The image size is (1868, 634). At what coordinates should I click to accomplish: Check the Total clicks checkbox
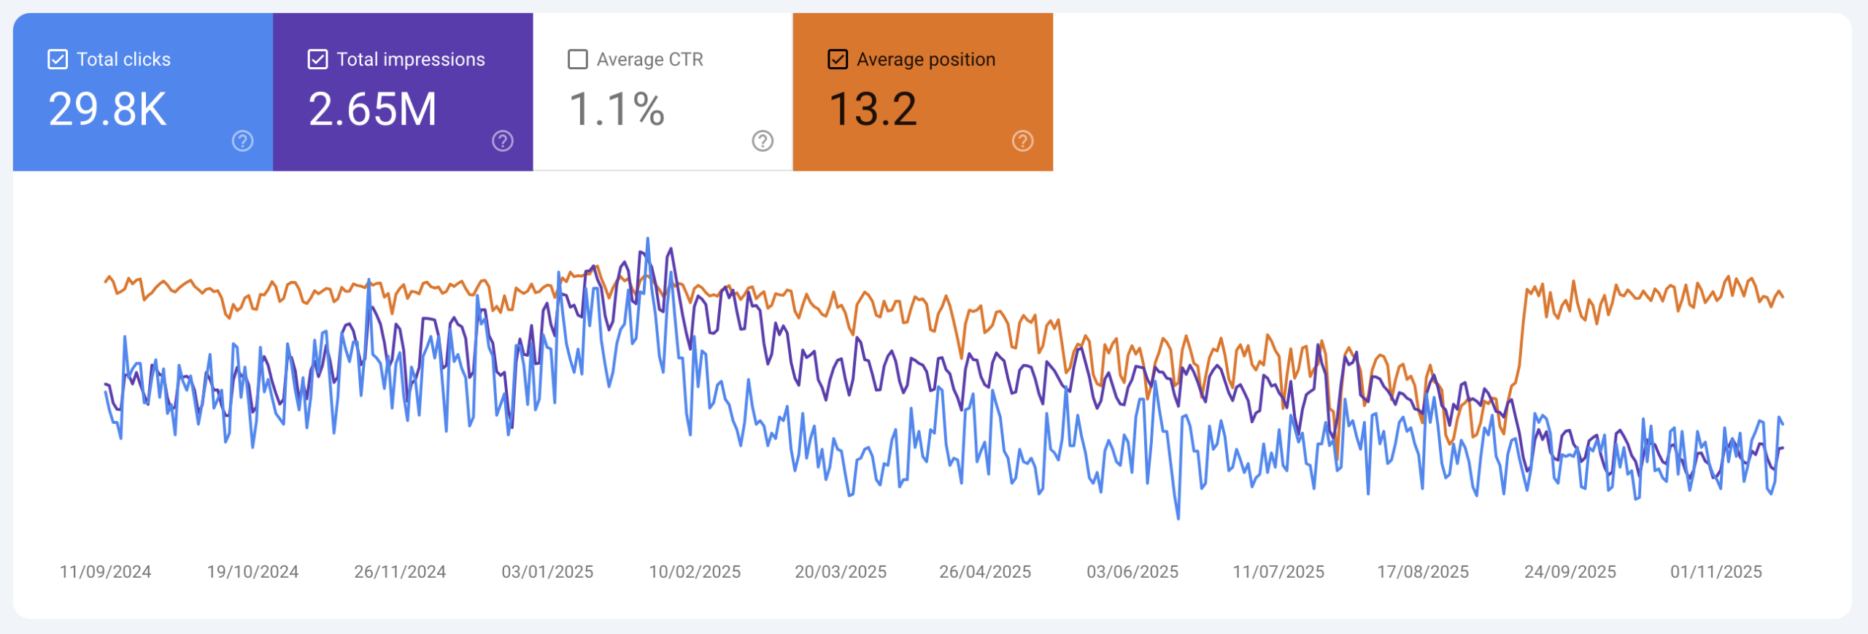(x=58, y=59)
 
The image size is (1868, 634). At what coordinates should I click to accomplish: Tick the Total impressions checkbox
(x=317, y=59)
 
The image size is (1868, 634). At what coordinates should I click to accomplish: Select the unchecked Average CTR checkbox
(x=577, y=59)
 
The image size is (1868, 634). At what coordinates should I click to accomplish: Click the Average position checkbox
(x=838, y=59)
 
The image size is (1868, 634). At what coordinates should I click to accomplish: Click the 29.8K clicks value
(x=107, y=109)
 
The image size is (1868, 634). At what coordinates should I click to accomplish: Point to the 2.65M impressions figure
(x=372, y=109)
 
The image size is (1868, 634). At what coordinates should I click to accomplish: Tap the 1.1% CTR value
(x=616, y=109)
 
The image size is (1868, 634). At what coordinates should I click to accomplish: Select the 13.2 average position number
(x=873, y=109)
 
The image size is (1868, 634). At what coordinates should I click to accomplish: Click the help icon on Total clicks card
(x=242, y=141)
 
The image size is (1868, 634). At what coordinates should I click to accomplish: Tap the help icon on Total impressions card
(x=503, y=141)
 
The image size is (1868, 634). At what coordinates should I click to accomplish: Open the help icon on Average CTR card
(x=763, y=141)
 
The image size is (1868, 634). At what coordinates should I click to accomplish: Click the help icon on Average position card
(x=1022, y=141)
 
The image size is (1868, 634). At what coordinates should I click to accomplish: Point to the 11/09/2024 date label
(x=105, y=572)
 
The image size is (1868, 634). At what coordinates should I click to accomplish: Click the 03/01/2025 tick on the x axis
(x=547, y=572)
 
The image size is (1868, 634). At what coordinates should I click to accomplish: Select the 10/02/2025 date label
(x=695, y=572)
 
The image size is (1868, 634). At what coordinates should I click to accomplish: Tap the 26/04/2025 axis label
(x=985, y=572)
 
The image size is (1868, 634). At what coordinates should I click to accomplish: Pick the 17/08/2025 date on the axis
(x=1423, y=572)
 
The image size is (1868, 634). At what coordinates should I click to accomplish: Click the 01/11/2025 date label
(x=1716, y=572)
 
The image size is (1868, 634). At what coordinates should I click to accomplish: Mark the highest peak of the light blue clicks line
(x=647, y=239)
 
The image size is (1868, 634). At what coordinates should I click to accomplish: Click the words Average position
(x=926, y=59)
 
